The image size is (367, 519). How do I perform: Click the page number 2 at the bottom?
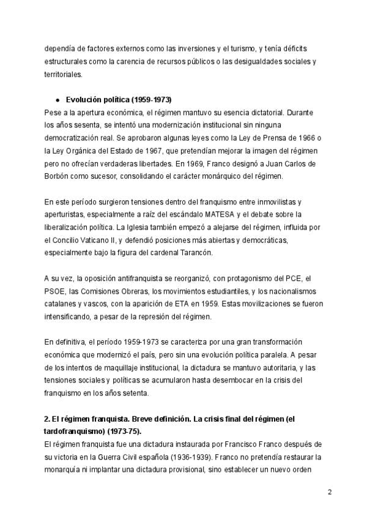click(x=330, y=492)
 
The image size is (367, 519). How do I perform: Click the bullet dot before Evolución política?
click(x=57, y=99)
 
